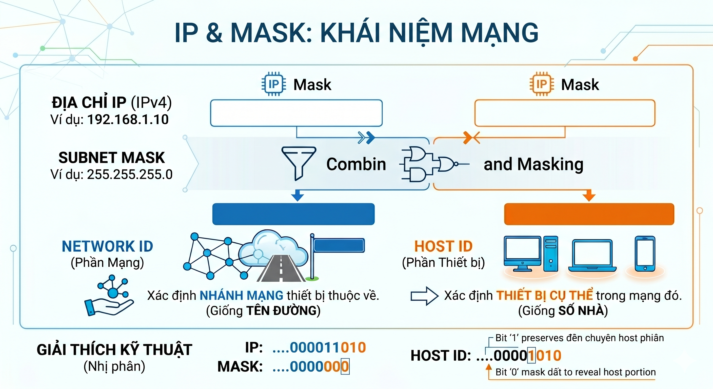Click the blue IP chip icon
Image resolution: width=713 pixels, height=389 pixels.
point(274,84)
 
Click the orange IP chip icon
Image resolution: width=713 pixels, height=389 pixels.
point(542,84)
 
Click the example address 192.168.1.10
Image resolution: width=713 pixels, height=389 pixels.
point(128,120)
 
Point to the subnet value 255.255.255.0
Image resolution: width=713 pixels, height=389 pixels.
point(130,174)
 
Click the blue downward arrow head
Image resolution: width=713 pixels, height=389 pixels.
point(298,196)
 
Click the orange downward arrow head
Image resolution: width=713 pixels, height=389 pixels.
point(589,196)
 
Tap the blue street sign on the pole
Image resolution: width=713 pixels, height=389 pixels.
point(339,245)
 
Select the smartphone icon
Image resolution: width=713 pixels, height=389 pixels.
point(645,254)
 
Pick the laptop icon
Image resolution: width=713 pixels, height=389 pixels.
point(592,256)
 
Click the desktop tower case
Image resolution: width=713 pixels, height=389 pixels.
point(550,253)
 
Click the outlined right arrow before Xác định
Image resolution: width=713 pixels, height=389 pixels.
point(424,296)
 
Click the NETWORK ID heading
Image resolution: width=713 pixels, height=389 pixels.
point(107,246)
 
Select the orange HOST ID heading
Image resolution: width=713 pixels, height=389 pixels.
point(443,246)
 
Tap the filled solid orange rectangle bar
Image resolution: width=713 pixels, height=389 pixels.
point(589,214)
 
